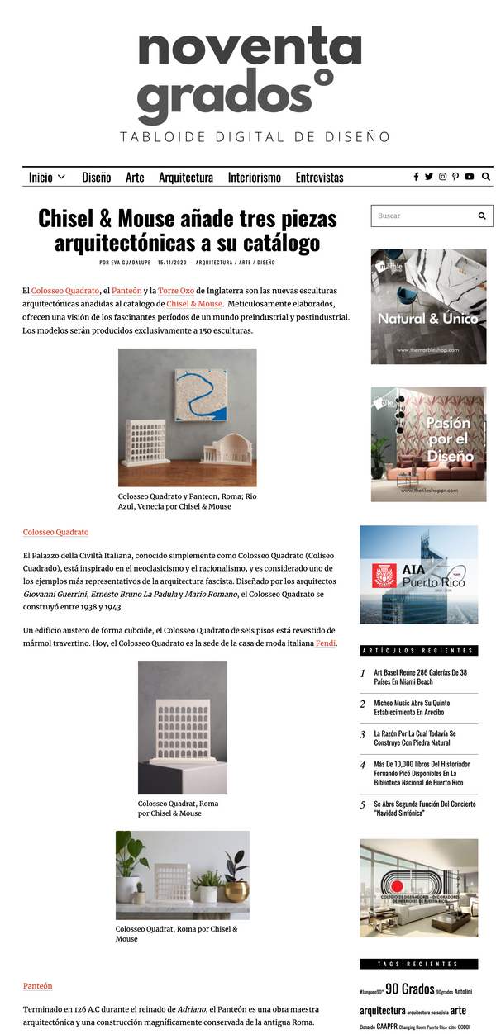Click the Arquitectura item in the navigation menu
[x=186, y=178]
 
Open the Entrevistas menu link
[x=319, y=178]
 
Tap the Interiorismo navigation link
[x=255, y=178]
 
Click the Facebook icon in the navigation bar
[x=416, y=177]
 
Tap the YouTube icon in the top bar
[x=470, y=177]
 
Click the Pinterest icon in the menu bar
[x=455, y=177]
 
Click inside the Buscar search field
[x=422, y=216]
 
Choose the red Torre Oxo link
[x=176, y=291]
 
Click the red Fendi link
[x=326, y=643]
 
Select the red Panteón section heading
[x=38, y=986]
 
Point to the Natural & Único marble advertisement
[x=428, y=306]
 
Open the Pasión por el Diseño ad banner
[x=428, y=443]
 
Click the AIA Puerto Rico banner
[x=418, y=574]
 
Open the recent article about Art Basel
[x=420, y=677]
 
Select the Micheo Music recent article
[x=420, y=708]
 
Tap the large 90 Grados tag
[x=409, y=989]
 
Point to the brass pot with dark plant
[x=236, y=890]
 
